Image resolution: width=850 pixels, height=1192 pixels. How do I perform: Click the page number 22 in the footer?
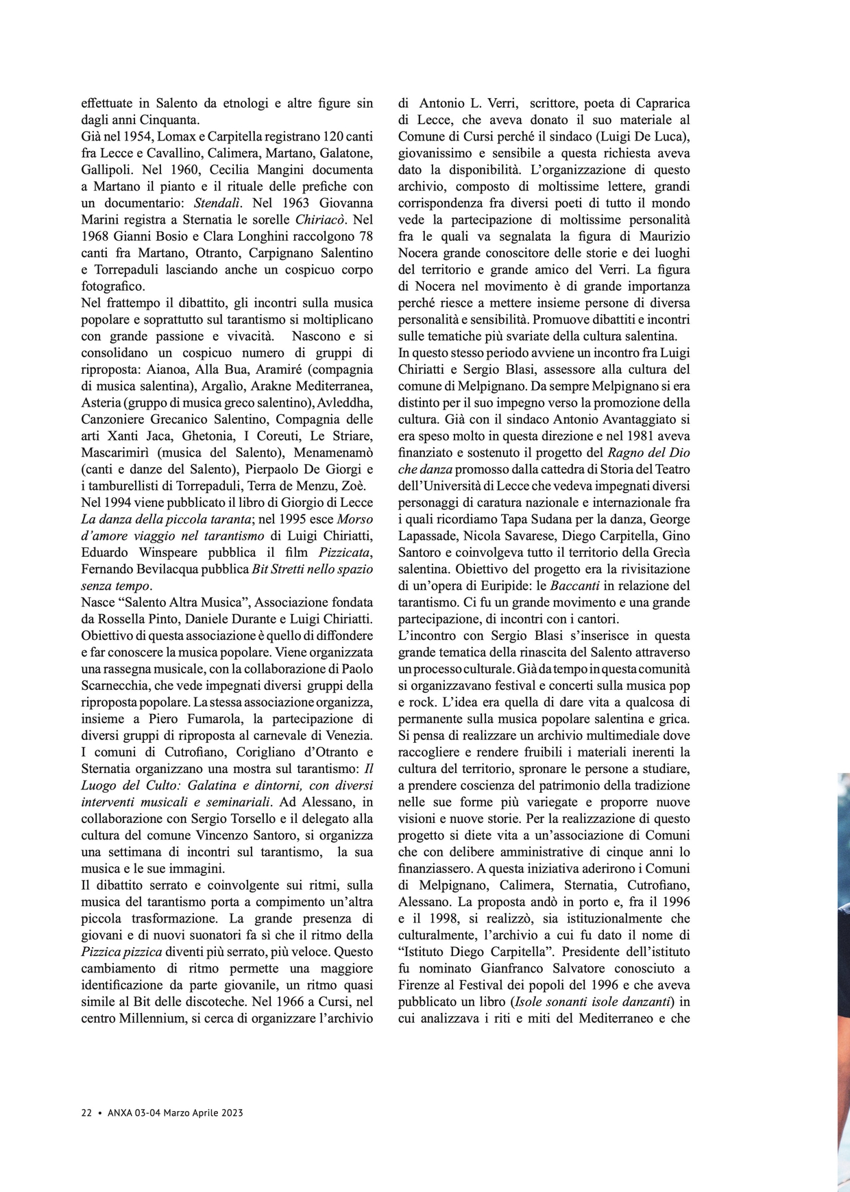86,1112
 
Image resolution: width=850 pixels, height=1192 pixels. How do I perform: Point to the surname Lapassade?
428,536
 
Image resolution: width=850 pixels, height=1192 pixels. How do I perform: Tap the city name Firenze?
422,986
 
